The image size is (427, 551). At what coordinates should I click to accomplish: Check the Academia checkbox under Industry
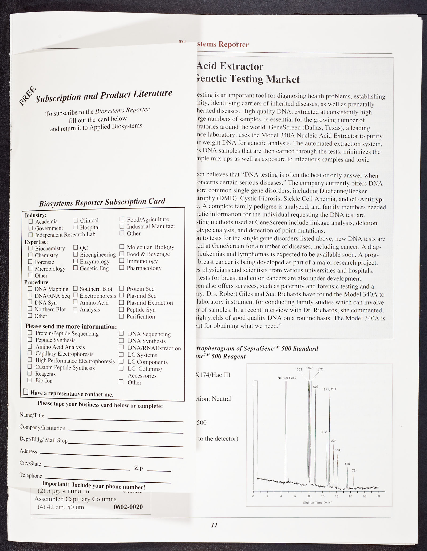pyautogui.click(x=31, y=221)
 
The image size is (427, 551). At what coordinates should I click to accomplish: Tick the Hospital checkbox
pyautogui.click(x=76, y=227)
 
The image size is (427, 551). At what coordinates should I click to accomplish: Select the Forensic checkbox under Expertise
pyautogui.click(x=30, y=262)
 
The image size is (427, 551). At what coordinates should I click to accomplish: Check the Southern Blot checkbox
pyautogui.click(x=75, y=288)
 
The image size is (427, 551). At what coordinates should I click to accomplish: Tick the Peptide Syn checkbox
pyautogui.click(x=121, y=309)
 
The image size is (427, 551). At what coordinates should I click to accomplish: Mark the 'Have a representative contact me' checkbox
pyautogui.click(x=26, y=392)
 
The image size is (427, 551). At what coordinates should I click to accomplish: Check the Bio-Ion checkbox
pyautogui.click(x=30, y=380)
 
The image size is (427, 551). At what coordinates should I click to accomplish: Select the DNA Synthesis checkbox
pyautogui.click(x=121, y=340)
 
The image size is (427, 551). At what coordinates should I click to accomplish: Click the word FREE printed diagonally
pyautogui.click(x=27, y=96)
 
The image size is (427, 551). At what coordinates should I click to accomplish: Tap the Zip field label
pyautogui.click(x=139, y=468)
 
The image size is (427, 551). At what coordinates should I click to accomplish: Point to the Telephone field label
pyautogui.click(x=31, y=476)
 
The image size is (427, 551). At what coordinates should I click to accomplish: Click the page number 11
pyautogui.click(x=214, y=525)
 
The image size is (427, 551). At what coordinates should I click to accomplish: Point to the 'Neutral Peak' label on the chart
pyautogui.click(x=287, y=378)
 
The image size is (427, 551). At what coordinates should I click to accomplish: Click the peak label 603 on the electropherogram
pyautogui.click(x=316, y=387)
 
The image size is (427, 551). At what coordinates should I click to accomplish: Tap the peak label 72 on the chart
pyautogui.click(x=354, y=470)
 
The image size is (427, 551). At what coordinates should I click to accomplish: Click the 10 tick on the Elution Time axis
pyautogui.click(x=323, y=496)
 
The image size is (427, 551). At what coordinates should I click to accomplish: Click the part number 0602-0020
pyautogui.click(x=128, y=507)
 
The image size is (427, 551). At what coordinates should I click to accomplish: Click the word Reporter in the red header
pyautogui.click(x=234, y=44)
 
